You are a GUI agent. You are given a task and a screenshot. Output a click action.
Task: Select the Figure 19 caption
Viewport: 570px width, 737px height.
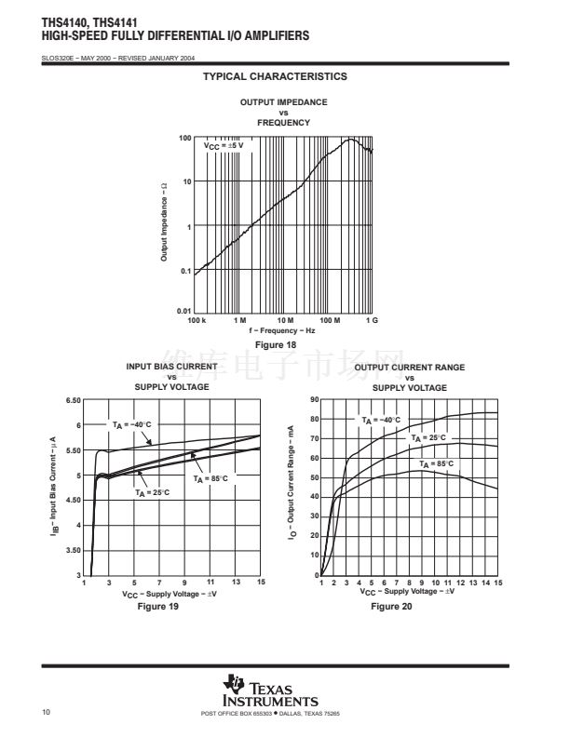tap(158, 607)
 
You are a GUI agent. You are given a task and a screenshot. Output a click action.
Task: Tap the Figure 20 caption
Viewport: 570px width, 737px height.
tap(391, 607)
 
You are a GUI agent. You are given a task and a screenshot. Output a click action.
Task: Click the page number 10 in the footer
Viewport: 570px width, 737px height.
tap(47, 714)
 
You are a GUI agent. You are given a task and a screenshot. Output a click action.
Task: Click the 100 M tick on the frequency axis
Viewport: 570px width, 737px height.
tap(331, 320)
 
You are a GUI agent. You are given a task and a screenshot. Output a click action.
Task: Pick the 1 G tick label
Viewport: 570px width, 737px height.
tap(372, 320)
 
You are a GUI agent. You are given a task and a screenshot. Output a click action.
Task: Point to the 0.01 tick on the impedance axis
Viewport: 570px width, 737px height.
tap(184, 311)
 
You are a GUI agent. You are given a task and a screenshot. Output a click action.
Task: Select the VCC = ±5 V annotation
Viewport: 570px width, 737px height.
tap(224, 146)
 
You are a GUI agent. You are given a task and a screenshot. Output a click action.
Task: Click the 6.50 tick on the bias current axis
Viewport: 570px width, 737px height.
tap(73, 400)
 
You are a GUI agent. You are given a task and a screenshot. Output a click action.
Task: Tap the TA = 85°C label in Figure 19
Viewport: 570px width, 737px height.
tap(210, 478)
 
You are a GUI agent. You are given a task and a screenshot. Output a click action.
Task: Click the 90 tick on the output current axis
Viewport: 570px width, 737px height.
tap(315, 399)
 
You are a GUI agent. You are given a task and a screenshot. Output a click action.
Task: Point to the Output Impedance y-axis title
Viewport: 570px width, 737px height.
tap(164, 221)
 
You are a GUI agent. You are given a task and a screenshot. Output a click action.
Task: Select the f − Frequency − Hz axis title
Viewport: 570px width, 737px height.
tap(282, 330)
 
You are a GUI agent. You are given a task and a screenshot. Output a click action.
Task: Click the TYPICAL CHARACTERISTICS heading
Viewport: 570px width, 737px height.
tap(275, 76)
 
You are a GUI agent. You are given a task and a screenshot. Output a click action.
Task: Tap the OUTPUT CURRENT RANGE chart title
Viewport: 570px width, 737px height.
tap(410, 368)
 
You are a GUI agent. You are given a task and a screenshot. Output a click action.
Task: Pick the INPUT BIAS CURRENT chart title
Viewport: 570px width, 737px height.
tap(171, 367)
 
